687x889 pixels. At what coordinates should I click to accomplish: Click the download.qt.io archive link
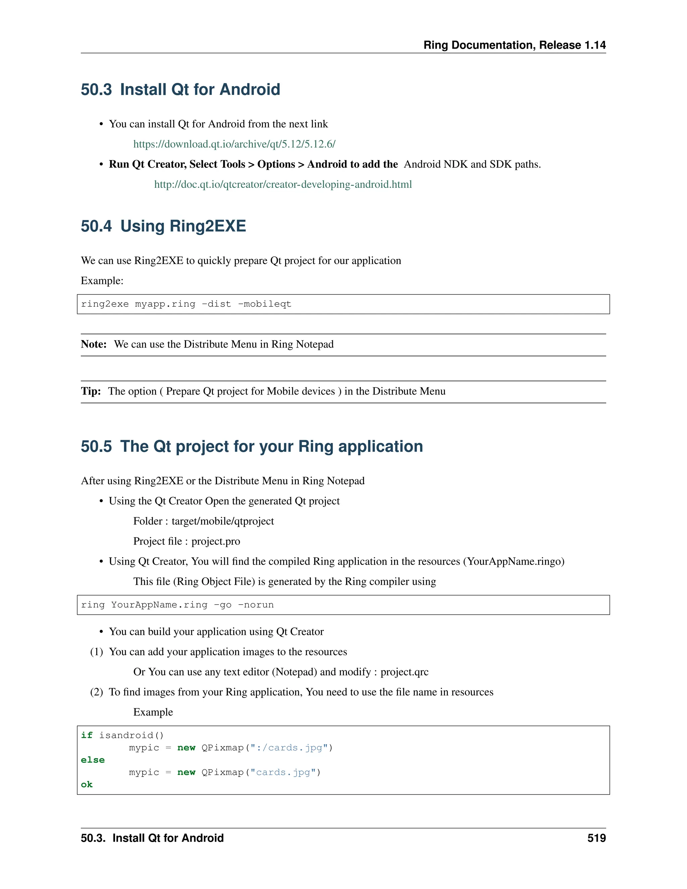tap(234, 144)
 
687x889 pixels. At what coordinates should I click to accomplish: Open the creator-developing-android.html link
tap(283, 185)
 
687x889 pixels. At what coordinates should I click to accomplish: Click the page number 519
tap(596, 838)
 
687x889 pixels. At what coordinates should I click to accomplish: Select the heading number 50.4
tap(96, 226)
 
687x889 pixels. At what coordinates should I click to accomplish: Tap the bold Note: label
tap(94, 345)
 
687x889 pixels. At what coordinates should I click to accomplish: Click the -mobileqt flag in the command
tap(265, 304)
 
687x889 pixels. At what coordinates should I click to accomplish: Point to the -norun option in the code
tap(256, 605)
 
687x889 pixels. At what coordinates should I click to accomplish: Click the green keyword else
tap(93, 760)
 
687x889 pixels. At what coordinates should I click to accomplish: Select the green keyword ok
tap(87, 784)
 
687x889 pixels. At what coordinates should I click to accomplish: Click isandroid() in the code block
tap(131, 735)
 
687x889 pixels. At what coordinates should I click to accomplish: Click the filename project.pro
tap(216, 541)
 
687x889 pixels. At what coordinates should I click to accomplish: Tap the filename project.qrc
tap(405, 672)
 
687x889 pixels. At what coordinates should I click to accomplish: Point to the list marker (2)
tap(97, 692)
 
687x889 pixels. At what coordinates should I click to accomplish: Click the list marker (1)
tap(97, 652)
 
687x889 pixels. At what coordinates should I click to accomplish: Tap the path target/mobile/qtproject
tap(223, 521)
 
